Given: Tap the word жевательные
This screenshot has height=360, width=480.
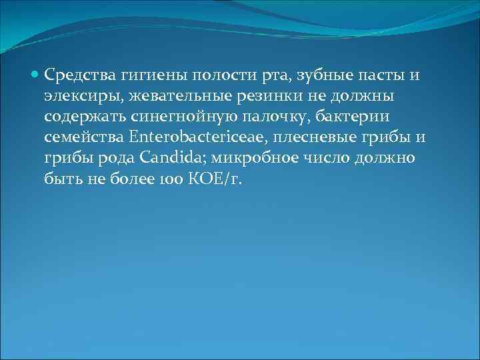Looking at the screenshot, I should tap(173, 96).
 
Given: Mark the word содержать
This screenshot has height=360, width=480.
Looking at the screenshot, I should tap(83, 118).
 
